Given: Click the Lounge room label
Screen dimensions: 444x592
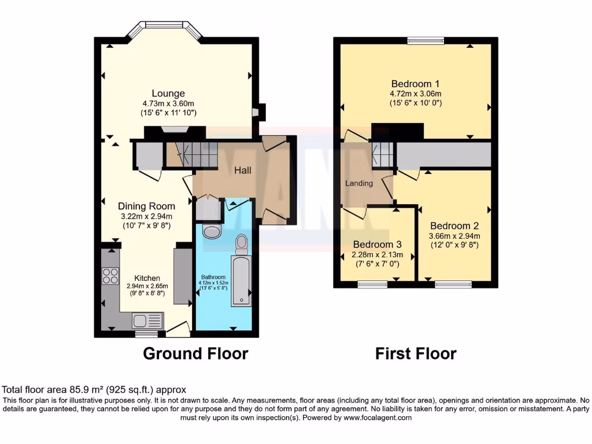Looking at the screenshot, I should click(168, 93).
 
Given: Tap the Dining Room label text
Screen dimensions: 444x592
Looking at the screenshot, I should click(146, 206).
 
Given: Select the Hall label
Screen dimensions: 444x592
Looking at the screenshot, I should click(243, 171).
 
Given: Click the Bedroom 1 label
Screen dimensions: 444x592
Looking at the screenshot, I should click(415, 83).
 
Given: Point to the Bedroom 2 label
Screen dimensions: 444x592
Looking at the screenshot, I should click(454, 225).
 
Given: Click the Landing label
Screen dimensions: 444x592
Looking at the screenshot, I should click(359, 183).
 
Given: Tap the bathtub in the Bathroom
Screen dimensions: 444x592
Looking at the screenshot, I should click(240, 282).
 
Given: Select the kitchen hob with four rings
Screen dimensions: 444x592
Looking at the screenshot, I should click(110, 277).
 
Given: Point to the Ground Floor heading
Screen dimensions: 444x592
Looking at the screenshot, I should click(195, 353).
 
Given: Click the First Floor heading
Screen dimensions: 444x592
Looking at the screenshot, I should click(416, 353).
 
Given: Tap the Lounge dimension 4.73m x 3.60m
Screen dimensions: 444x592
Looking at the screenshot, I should click(168, 103).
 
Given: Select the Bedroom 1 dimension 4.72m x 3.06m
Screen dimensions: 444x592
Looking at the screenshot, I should click(415, 94).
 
